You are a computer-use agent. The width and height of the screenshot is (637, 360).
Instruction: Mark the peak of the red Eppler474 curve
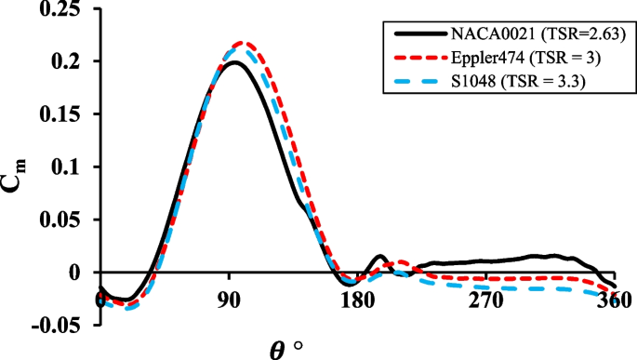244,43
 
